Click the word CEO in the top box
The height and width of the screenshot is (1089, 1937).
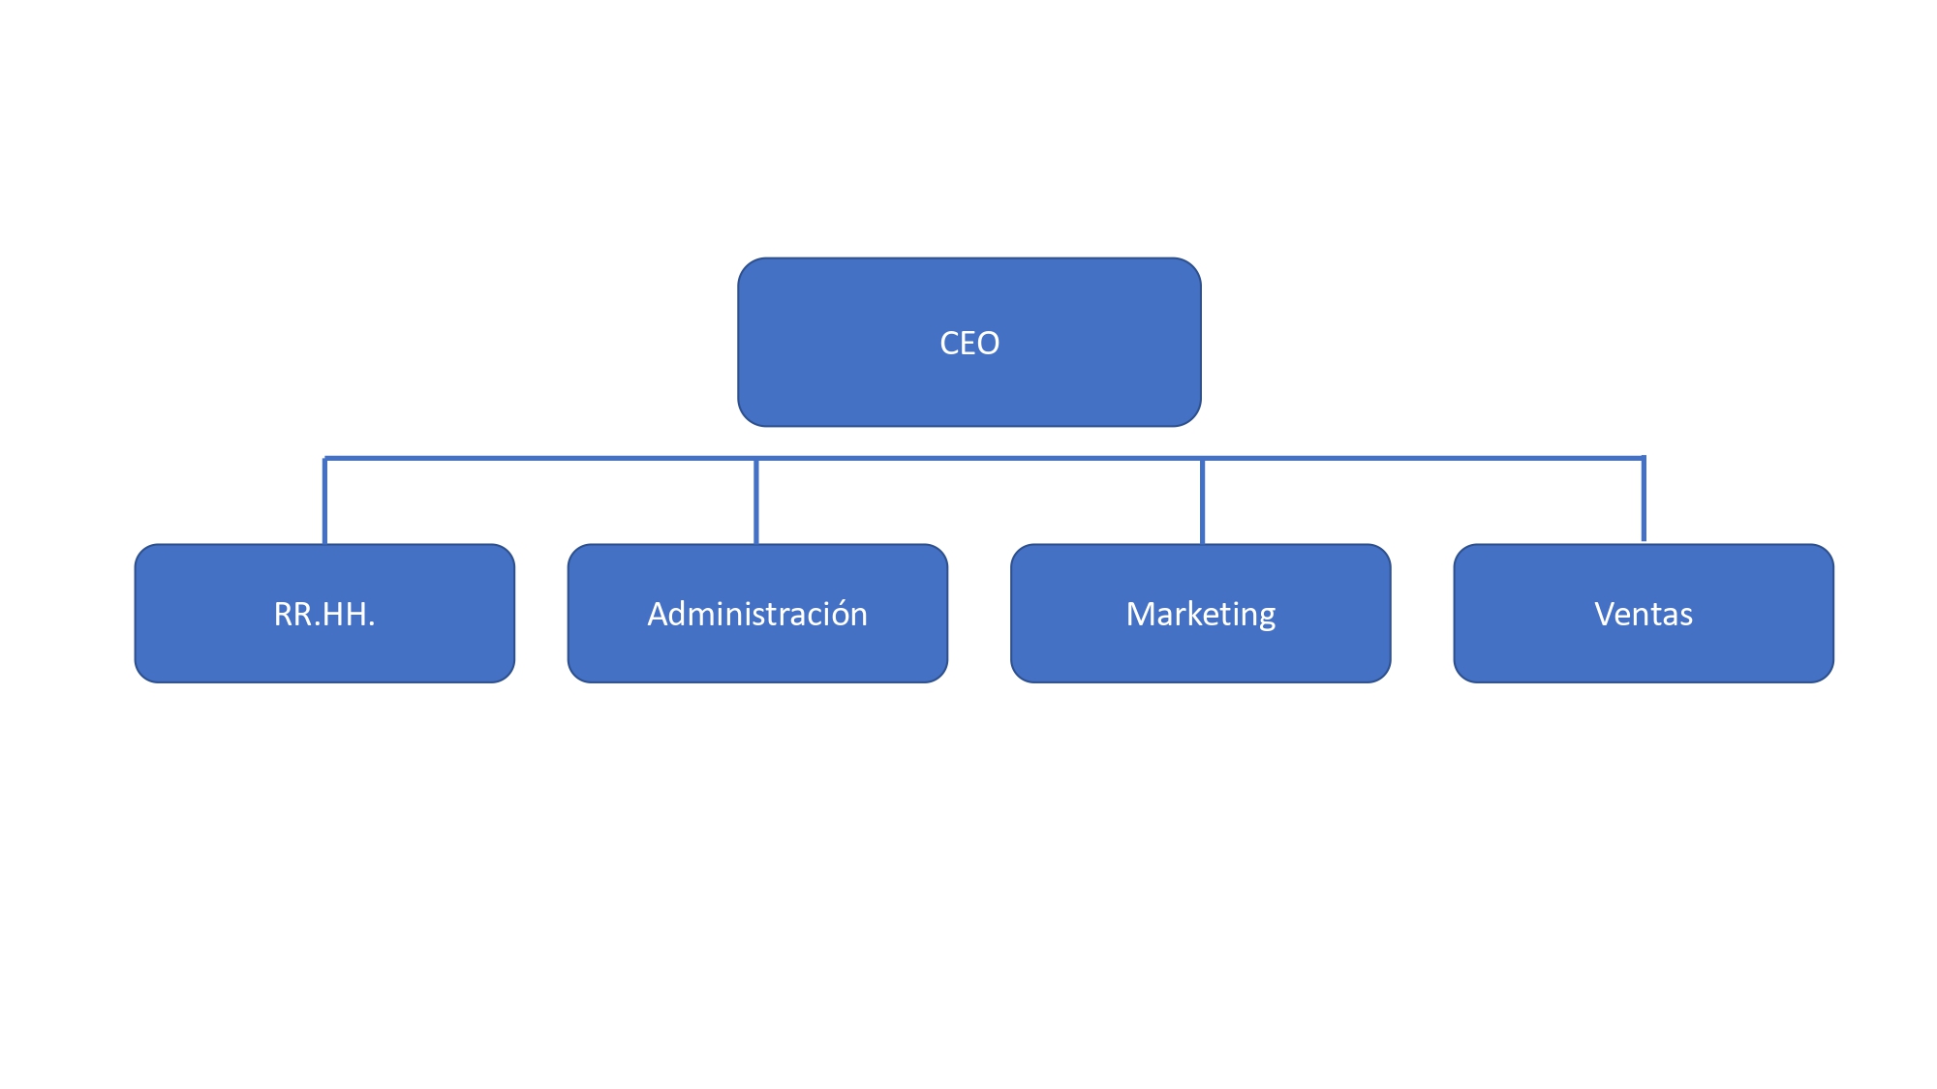969,343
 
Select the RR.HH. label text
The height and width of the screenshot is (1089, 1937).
324,614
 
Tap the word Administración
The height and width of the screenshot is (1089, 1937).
757,614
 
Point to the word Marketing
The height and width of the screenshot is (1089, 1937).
1201,615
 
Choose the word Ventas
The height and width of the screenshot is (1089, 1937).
1644,614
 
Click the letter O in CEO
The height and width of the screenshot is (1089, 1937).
987,343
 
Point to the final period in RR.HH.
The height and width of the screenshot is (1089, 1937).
371,625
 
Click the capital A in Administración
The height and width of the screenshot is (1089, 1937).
660,614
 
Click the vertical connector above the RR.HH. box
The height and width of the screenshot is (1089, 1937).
324,500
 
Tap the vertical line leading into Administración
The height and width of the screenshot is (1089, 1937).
756,500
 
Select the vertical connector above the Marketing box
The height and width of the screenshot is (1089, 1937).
1202,500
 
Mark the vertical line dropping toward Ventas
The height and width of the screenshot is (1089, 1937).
1644,499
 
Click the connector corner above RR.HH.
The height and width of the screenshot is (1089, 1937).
324,458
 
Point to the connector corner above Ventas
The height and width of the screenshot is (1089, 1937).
1644,458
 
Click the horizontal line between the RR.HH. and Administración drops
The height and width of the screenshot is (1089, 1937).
540,458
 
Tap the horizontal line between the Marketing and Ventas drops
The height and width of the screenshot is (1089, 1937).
1423,458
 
